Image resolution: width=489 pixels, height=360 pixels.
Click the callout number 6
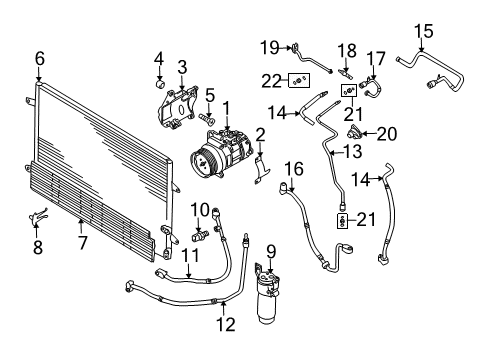[x=40, y=59]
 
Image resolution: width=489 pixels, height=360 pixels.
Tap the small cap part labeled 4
[x=160, y=83]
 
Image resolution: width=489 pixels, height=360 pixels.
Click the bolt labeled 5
[x=207, y=118]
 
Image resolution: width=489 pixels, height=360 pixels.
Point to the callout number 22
[x=272, y=81]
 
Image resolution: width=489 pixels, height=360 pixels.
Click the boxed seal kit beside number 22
[x=299, y=80]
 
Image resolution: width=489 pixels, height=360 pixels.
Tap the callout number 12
[x=226, y=324]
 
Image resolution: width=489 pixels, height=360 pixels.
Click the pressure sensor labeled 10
[x=200, y=235]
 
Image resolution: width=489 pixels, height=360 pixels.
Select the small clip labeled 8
[x=38, y=217]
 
